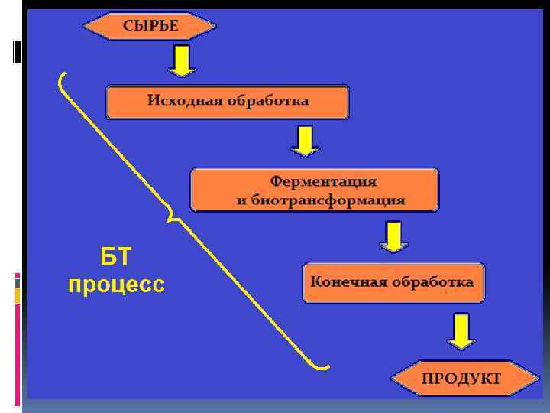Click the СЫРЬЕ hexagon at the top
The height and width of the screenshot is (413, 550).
click(150, 26)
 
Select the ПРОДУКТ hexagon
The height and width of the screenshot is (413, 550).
click(461, 378)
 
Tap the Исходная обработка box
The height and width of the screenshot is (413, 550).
click(228, 102)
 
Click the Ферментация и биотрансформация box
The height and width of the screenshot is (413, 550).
click(314, 190)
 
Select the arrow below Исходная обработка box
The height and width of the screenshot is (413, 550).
click(304, 141)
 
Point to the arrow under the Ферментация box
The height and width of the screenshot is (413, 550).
click(393, 237)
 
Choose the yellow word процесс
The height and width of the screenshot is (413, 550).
click(116, 285)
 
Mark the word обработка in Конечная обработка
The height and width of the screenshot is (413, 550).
click(432, 281)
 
